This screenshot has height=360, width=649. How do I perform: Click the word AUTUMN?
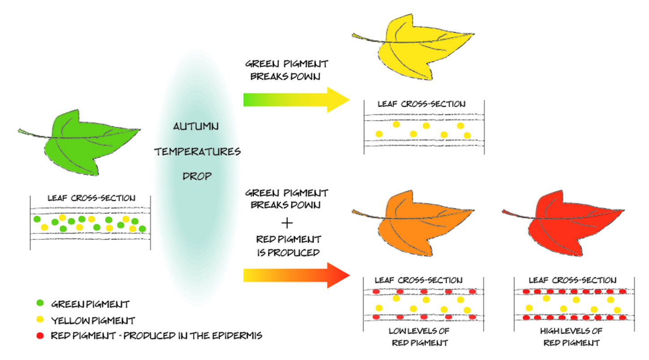pos(196,127)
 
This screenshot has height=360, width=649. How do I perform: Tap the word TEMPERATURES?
pos(198,152)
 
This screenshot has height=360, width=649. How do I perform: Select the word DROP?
pos(197,176)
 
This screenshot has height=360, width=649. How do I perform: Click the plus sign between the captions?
pos(287,222)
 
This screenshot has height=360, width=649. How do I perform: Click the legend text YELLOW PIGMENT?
pos(93,321)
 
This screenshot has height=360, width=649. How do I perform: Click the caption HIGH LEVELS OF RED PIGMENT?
pos(571,337)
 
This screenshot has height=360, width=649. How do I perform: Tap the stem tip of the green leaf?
pos(20,131)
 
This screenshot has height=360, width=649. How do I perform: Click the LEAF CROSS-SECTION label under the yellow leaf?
pos(421,104)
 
